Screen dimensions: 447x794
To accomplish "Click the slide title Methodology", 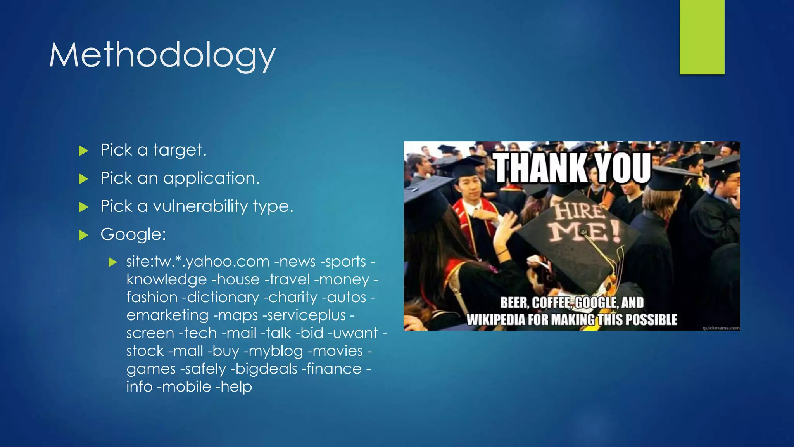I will pyautogui.click(x=162, y=55).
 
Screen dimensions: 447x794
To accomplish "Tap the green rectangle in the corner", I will pyautogui.click(x=702, y=37).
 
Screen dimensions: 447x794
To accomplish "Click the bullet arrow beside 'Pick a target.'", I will pyautogui.click(x=83, y=151).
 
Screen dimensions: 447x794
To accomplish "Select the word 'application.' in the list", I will pyautogui.click(x=211, y=178).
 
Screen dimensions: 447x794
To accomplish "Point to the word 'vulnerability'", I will pyautogui.click(x=200, y=206).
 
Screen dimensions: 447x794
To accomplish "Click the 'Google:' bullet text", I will pyautogui.click(x=133, y=234).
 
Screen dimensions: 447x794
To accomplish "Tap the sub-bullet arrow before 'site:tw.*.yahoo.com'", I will pyautogui.click(x=113, y=262).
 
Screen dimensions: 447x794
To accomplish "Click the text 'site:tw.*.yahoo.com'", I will pyautogui.click(x=198, y=262).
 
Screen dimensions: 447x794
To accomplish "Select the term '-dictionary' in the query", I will pyautogui.click(x=223, y=298).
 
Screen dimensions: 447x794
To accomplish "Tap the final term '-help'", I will pyautogui.click(x=233, y=387).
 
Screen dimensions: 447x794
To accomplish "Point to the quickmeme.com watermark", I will pyautogui.click(x=721, y=328).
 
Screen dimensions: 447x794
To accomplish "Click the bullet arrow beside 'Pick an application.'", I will pyautogui.click(x=83, y=179).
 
